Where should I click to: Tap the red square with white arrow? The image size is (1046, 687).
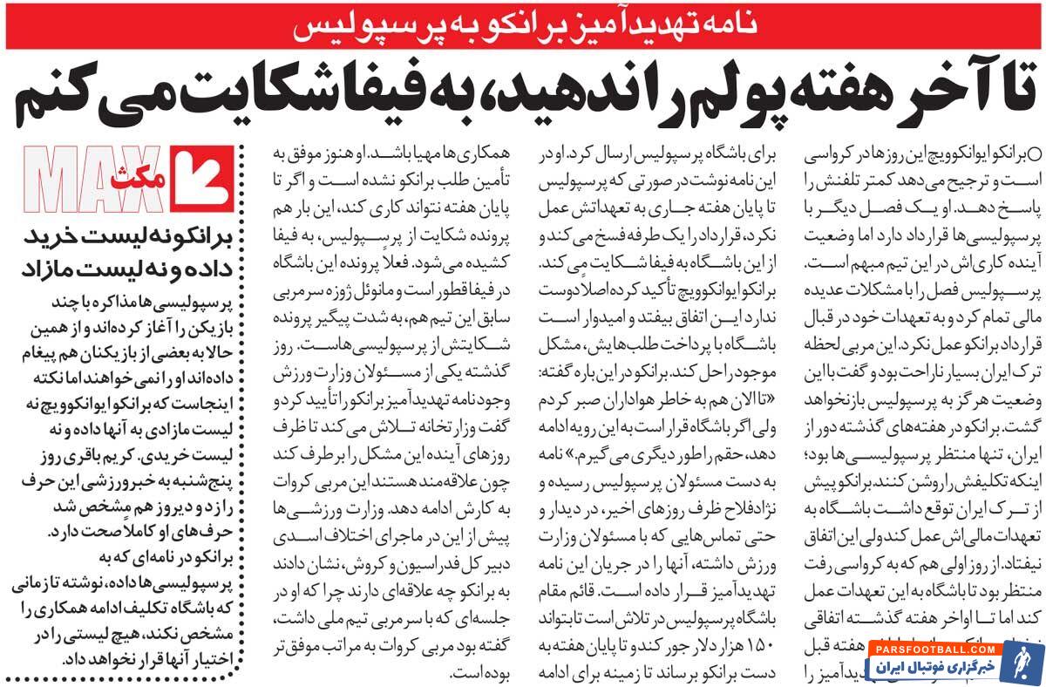[x=203, y=181]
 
